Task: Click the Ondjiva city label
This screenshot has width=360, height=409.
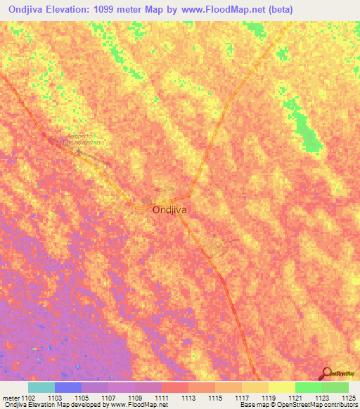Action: [169, 209]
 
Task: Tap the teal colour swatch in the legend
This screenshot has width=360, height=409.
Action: [41, 387]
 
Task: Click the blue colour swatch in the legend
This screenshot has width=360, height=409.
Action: [68, 387]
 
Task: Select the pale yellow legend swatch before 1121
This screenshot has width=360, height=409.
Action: [281, 387]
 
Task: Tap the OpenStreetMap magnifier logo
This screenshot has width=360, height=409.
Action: [326, 373]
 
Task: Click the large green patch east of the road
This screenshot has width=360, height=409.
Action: [307, 133]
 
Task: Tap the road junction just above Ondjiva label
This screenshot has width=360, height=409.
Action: [189, 196]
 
